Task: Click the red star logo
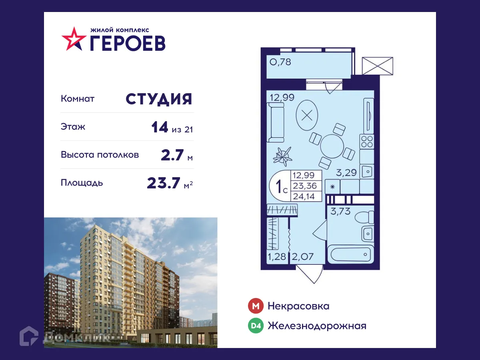(73, 38)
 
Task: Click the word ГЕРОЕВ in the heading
(127, 43)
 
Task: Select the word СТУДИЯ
(159, 99)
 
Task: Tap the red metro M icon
(256, 306)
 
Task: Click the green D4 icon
(256, 326)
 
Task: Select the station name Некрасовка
(298, 306)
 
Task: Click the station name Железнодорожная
(317, 326)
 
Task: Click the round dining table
(332, 146)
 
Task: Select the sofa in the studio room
(275, 122)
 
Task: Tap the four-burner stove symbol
(367, 141)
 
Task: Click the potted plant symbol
(283, 155)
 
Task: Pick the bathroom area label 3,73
(340, 211)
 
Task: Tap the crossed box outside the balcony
(378, 66)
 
